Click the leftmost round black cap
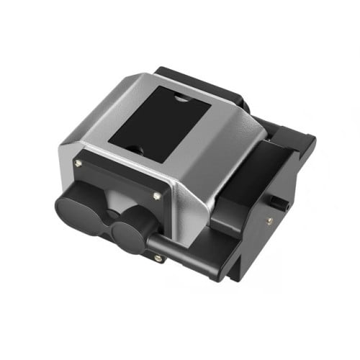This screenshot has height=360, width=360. pyautogui.click(x=78, y=205)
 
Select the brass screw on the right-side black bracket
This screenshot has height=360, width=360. pyautogui.click(x=270, y=222)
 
